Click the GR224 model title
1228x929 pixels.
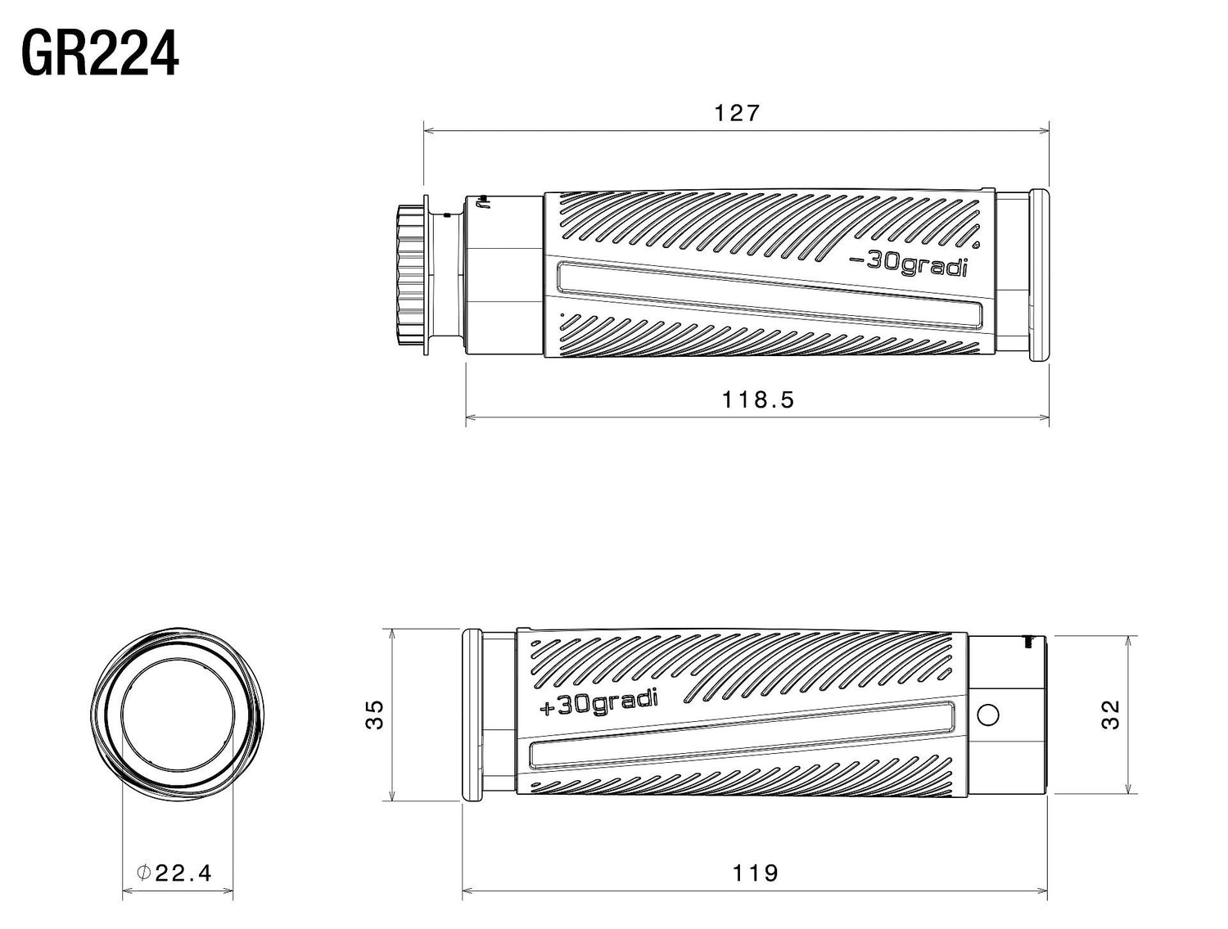click(x=100, y=53)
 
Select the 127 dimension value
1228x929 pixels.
click(x=738, y=114)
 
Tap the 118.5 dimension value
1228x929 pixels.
click(x=757, y=400)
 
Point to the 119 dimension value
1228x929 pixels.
click(x=755, y=873)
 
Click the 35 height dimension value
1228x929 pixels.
click(x=374, y=715)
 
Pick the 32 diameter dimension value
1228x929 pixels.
click(x=1110, y=715)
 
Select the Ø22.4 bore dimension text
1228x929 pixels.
click(x=174, y=873)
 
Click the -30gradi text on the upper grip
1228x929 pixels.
click(x=909, y=264)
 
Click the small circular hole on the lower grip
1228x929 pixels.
click(x=988, y=715)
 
